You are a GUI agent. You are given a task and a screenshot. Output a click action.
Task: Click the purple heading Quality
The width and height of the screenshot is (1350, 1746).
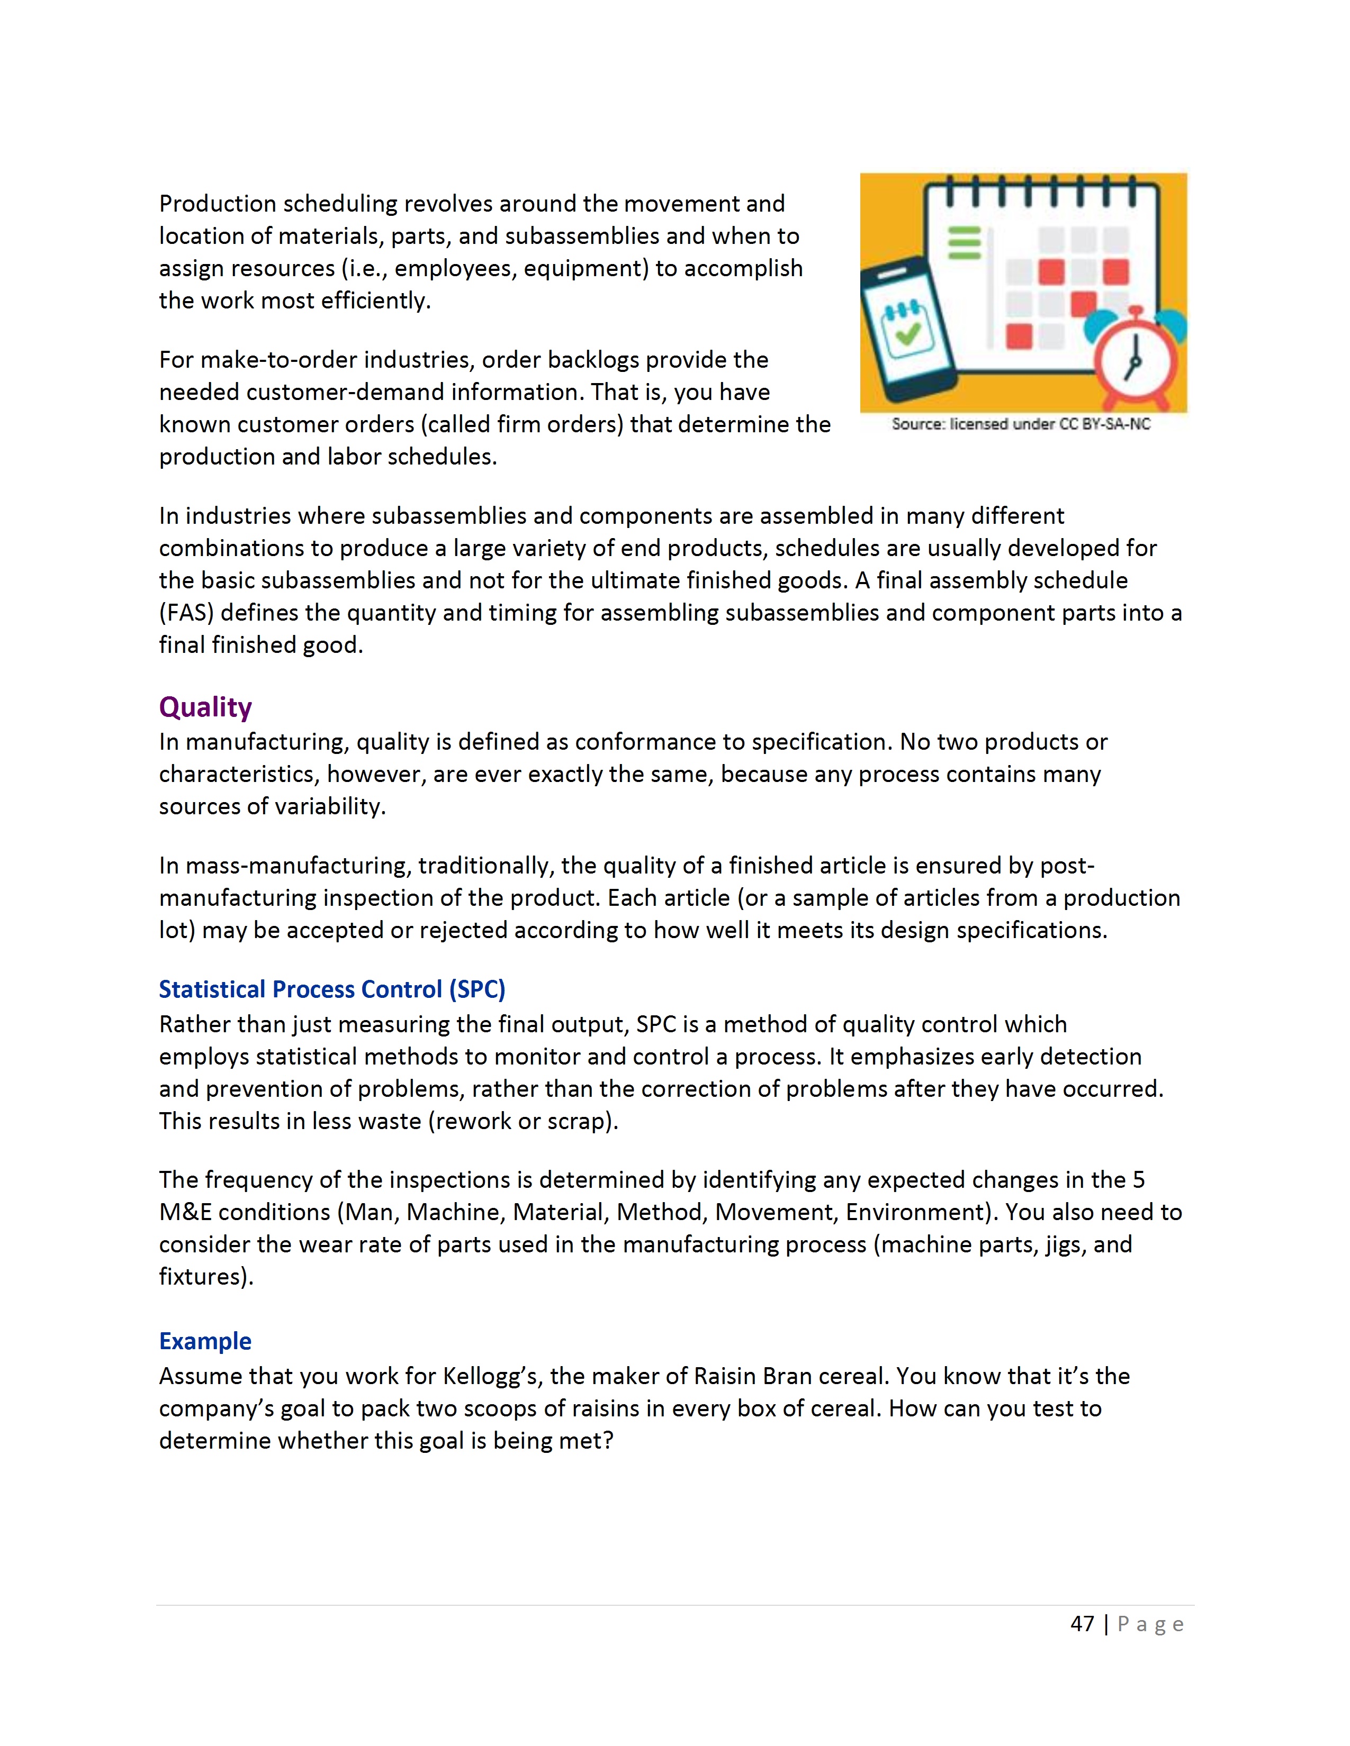click(205, 707)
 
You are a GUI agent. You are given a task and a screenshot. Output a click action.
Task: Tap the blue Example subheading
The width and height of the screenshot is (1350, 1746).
click(205, 1341)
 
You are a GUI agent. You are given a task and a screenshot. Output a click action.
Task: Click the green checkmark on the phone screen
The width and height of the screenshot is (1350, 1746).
click(907, 333)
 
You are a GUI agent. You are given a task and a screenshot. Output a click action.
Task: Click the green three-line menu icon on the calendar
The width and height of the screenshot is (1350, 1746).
click(964, 243)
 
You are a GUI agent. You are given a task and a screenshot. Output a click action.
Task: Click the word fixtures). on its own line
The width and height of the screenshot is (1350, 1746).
click(205, 1277)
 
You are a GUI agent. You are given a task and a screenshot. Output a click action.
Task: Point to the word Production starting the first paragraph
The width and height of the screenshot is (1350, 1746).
click(218, 204)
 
